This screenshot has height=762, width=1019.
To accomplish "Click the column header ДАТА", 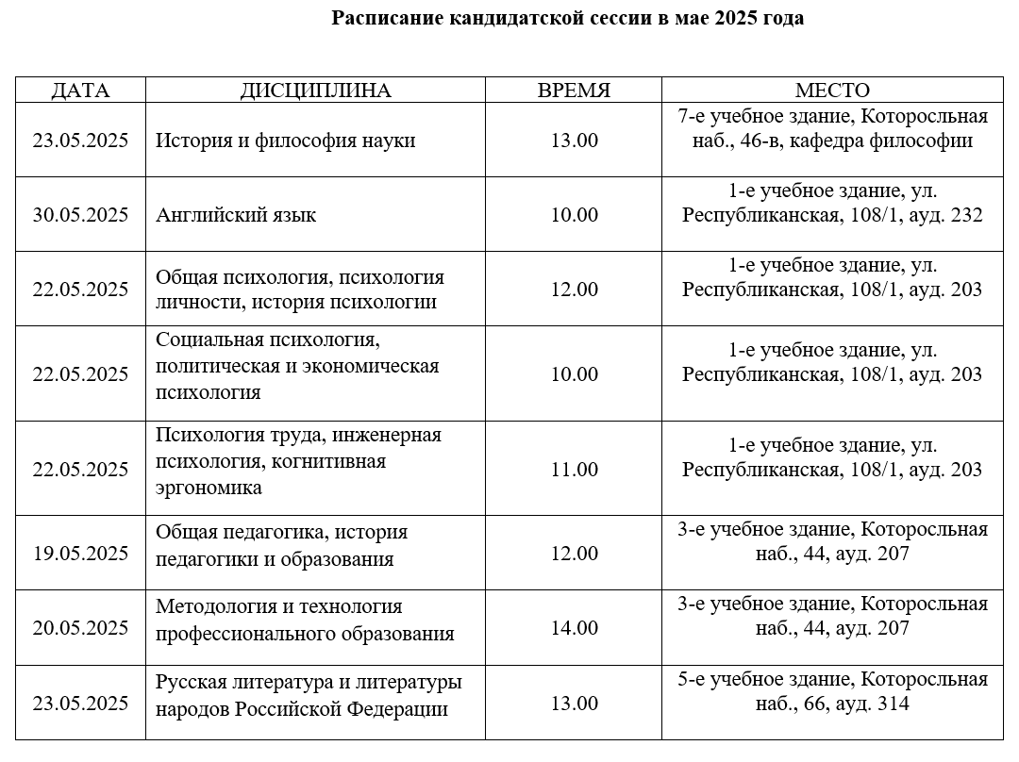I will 80,91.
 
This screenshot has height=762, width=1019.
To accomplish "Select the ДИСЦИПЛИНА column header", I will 315,91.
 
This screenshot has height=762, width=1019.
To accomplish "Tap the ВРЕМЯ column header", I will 574,91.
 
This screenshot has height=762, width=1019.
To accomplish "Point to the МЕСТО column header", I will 832,91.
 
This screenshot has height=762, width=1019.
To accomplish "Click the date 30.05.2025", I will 80,215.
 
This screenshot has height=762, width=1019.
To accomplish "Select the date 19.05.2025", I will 80,554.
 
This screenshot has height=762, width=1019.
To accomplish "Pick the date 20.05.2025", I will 80,628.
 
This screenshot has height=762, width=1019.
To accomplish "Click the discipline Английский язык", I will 236,215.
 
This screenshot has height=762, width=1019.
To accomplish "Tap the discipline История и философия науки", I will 286,141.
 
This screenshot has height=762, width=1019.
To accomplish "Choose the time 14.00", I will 574,628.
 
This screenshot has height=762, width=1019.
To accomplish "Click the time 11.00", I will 574,470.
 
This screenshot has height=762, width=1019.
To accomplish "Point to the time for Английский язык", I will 574,215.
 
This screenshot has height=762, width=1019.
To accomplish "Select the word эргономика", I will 209,489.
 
